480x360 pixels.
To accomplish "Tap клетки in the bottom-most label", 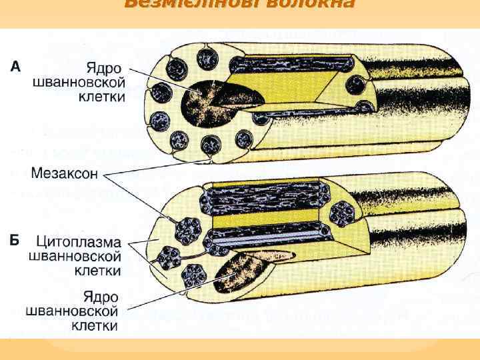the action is click(x=93, y=327).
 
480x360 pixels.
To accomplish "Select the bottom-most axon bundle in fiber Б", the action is click(x=196, y=274).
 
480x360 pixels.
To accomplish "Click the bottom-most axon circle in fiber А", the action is click(x=213, y=144).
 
